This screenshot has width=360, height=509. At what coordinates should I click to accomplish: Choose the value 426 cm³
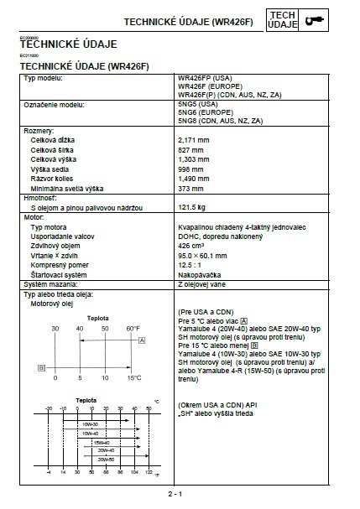coord(191,246)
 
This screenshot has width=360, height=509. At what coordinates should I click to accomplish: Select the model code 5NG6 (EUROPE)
coord(206,112)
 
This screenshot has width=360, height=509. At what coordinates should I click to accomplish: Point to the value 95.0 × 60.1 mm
coord(202,255)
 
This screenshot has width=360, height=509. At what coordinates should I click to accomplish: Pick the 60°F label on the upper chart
coord(133,328)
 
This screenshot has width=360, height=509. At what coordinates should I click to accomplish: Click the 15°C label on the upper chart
coord(134,377)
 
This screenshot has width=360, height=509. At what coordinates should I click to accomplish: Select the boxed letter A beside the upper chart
coord(143,340)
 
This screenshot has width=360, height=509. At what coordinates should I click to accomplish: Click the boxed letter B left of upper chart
coord(40,367)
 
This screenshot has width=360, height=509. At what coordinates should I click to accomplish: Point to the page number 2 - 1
coord(175,495)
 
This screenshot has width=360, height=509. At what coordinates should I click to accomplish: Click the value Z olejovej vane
coord(203,285)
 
